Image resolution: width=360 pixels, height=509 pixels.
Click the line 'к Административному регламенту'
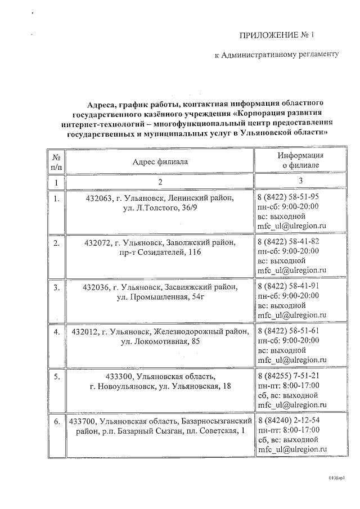click(277, 55)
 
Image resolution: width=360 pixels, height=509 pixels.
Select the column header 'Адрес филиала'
click(160, 161)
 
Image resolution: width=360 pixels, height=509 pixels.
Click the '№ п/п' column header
click(56, 161)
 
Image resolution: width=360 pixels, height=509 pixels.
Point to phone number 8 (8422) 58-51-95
click(288, 197)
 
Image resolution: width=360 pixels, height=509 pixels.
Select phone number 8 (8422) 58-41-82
click(288, 242)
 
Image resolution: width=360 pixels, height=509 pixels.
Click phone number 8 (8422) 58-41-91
click(288, 286)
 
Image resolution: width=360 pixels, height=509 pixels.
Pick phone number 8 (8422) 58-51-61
click(288, 331)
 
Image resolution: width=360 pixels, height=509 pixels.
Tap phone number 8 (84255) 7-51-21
click(288, 376)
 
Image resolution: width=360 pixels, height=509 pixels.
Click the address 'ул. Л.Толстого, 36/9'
click(159, 209)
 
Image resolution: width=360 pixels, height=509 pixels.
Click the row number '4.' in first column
click(56, 332)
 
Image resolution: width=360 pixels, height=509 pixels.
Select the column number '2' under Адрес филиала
click(160, 182)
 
